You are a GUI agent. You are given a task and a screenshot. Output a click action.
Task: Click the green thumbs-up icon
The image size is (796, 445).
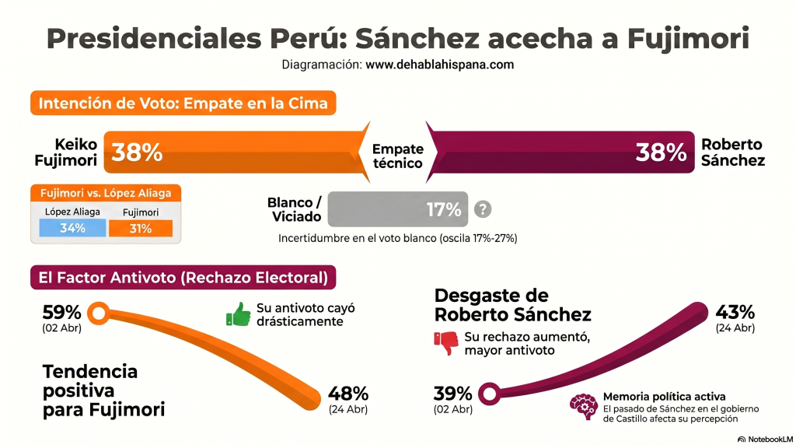tap(238, 314)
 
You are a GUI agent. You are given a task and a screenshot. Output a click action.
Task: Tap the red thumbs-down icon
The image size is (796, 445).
tap(446, 343)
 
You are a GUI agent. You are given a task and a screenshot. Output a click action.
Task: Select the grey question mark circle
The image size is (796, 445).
tap(484, 208)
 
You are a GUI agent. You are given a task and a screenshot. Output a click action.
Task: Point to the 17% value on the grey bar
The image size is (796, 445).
tap(444, 208)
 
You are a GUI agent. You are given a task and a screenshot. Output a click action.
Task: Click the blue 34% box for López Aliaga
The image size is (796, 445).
tap(73, 227)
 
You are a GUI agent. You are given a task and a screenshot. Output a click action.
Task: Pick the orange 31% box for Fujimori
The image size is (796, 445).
tap(141, 227)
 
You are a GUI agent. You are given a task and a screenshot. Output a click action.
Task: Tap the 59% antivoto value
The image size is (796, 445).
tap(61, 312)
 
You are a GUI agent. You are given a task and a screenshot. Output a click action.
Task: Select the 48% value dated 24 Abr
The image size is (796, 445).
tap(348, 394)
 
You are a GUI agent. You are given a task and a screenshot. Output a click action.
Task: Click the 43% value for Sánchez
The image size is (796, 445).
tap(735, 312)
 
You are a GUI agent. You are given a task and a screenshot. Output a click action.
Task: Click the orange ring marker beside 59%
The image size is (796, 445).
tap(99, 314)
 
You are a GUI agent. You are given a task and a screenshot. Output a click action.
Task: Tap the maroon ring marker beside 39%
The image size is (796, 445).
tap(489, 394)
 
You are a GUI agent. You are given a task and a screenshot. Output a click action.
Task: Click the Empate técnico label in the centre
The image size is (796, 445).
tap(397, 156)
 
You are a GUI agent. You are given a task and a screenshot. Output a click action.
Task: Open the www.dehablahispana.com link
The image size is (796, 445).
tap(439, 65)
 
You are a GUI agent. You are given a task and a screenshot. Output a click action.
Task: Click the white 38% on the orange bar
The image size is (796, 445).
tap(137, 152)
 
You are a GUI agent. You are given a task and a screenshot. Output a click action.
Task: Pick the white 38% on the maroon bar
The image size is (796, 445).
tap(660, 152)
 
